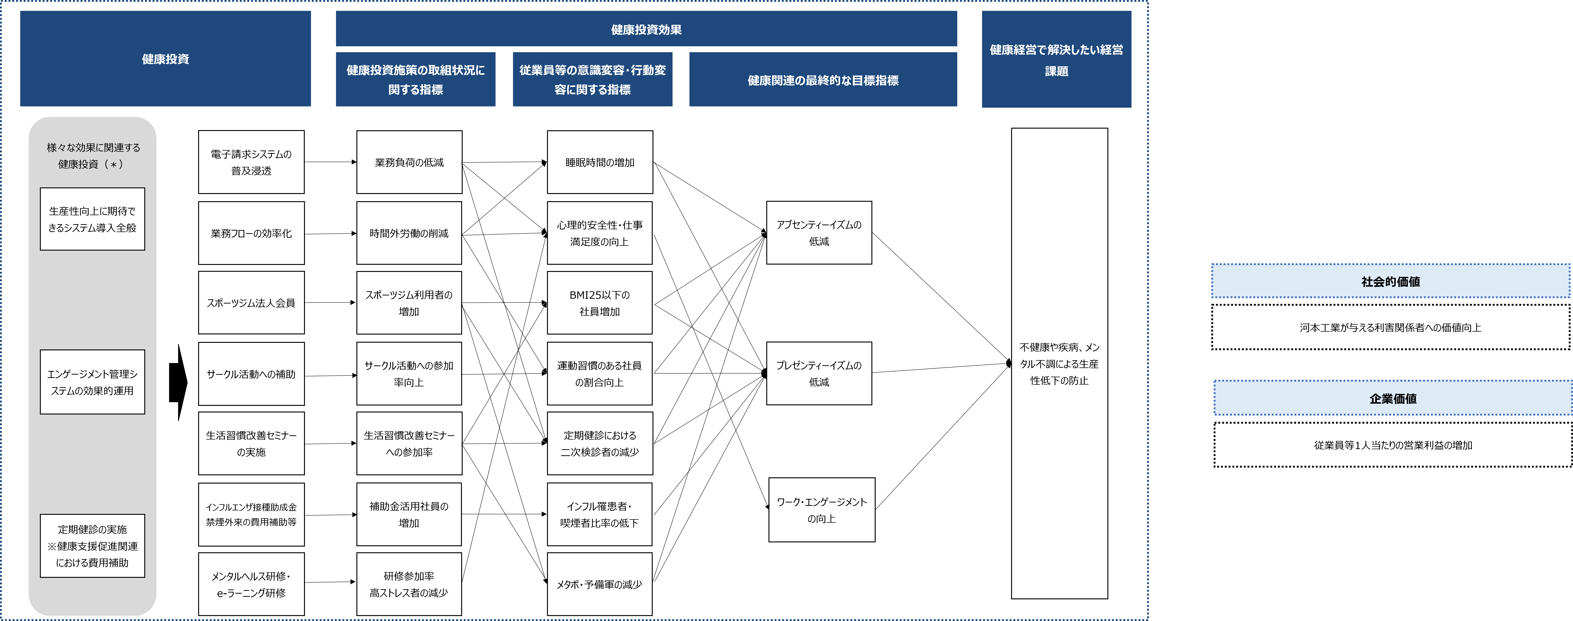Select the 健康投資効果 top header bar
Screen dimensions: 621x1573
(x=646, y=29)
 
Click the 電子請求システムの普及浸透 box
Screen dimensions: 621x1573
(x=251, y=162)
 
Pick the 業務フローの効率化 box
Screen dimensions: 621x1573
(x=251, y=233)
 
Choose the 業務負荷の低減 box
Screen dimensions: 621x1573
(x=409, y=162)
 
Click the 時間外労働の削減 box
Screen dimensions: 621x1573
(x=409, y=233)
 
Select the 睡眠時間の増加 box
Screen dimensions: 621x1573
(x=600, y=162)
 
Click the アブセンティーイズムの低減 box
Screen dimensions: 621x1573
(x=819, y=233)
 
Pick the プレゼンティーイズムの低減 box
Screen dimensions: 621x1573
(x=819, y=373)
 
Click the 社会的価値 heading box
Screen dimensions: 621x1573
(x=1390, y=281)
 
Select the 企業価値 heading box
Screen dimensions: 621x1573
(x=1392, y=398)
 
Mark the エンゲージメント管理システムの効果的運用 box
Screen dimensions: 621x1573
(x=92, y=382)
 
